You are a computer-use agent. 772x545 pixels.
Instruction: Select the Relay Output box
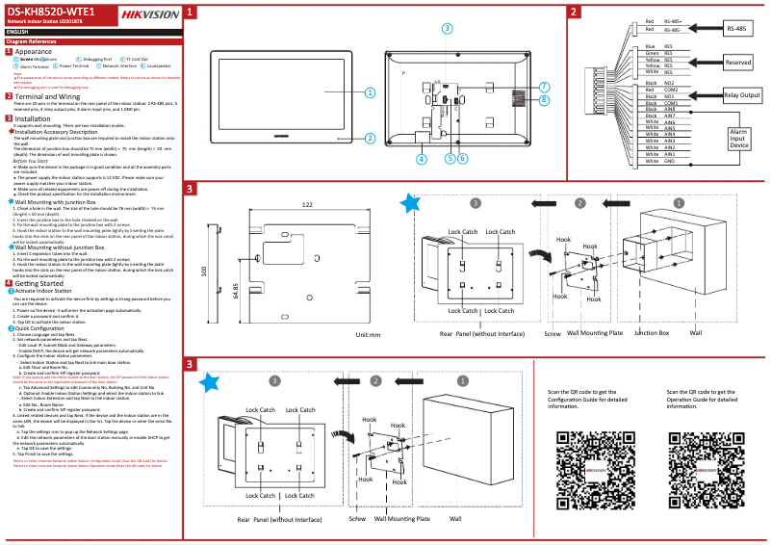tap(741, 95)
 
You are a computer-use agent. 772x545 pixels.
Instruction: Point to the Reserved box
tap(738, 62)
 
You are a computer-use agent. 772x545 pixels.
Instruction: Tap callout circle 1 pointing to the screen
tap(370, 92)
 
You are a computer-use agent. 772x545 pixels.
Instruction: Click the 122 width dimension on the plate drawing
tap(306, 205)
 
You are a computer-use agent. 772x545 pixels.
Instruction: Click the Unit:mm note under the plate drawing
tap(369, 335)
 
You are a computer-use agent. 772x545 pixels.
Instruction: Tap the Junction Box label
tap(652, 333)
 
